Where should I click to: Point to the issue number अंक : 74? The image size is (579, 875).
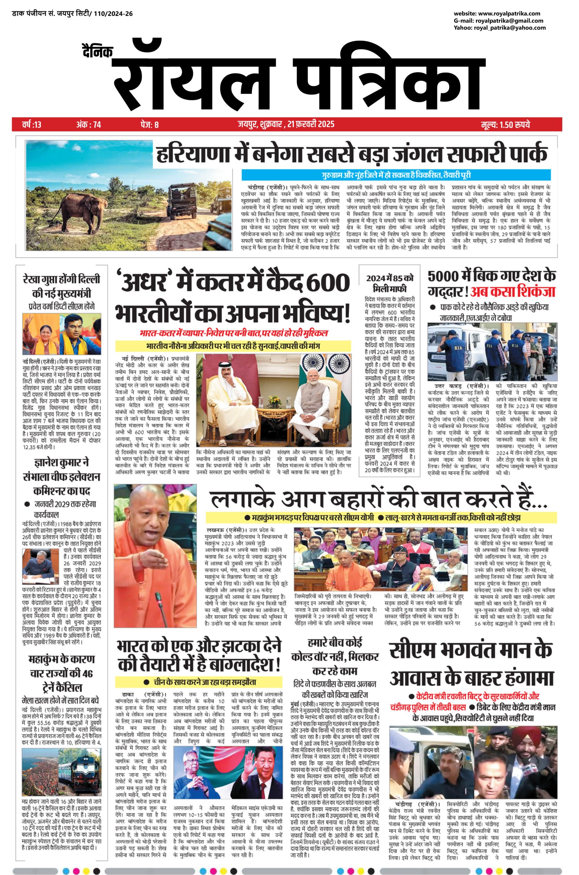(x=89, y=124)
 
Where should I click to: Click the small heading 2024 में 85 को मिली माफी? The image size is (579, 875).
(x=390, y=283)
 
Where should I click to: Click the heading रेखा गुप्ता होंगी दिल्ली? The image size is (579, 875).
(x=61, y=280)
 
